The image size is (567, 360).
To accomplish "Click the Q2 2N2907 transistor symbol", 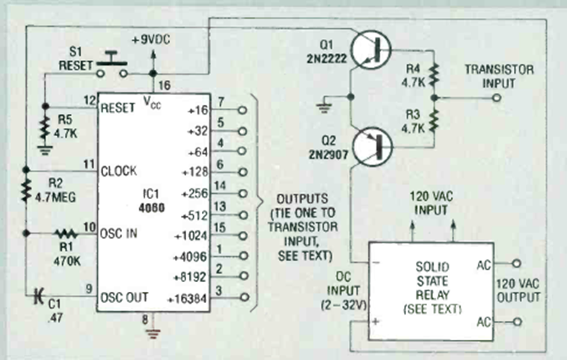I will [373, 144].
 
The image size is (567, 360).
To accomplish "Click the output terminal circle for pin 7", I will [241, 109].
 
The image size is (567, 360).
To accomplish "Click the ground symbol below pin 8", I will [154, 333].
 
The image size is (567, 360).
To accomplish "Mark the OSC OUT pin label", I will [123, 296].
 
